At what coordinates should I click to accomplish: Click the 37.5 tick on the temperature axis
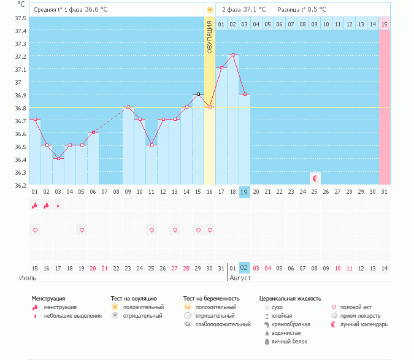click(20, 18)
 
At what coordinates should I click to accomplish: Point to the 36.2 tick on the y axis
click(20, 185)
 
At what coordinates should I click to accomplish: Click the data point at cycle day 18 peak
click(233, 55)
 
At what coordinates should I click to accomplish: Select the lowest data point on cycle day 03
click(58, 158)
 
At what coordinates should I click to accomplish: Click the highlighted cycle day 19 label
click(244, 192)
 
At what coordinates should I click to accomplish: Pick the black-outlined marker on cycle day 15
click(198, 94)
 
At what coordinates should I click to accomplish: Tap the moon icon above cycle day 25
click(315, 178)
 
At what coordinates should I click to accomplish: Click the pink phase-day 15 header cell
click(384, 24)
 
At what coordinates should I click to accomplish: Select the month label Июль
click(27, 278)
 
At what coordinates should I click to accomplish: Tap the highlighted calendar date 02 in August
click(244, 267)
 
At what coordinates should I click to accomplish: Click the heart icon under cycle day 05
click(82, 230)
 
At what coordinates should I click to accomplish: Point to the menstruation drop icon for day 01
click(35, 206)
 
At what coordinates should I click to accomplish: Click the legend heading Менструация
click(48, 299)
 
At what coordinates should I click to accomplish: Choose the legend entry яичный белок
click(289, 341)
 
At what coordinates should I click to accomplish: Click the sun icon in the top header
click(210, 10)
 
